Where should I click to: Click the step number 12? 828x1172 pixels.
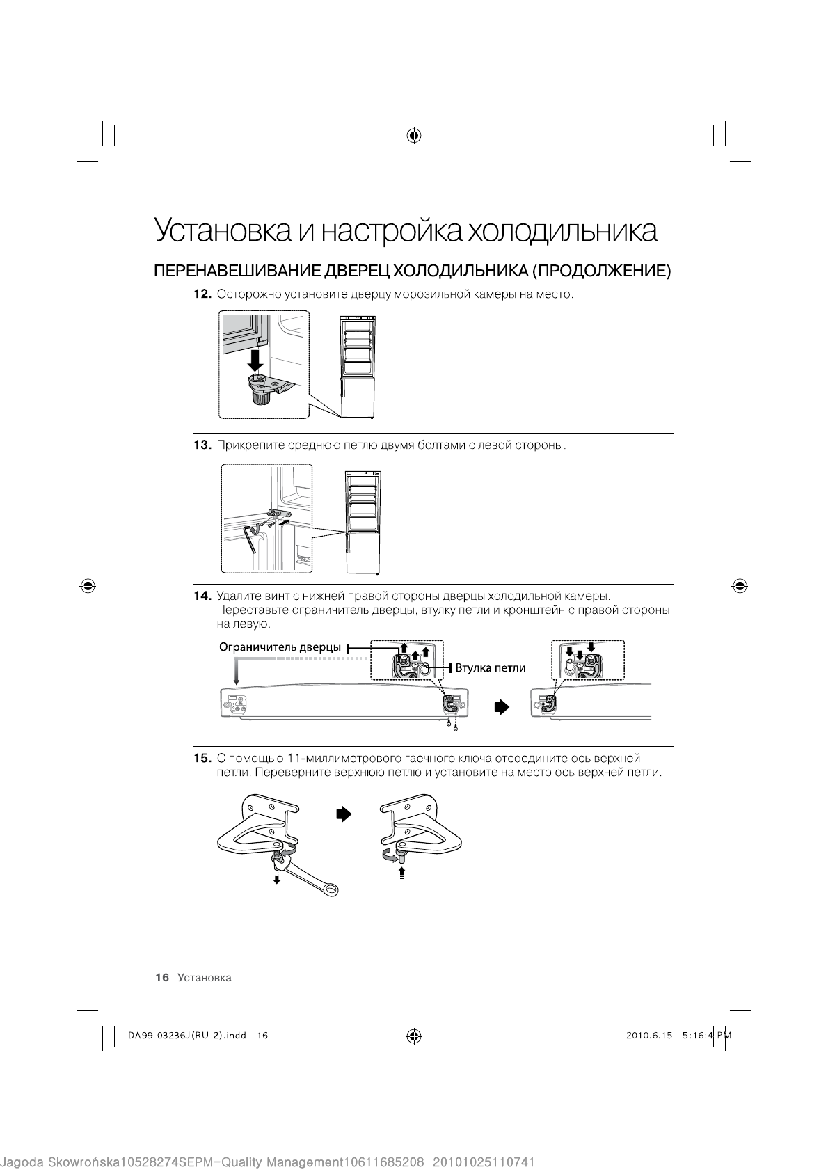pyautogui.click(x=202, y=294)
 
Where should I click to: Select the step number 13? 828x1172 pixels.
pyautogui.click(x=202, y=445)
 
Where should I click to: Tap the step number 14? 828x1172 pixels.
pyautogui.click(x=202, y=596)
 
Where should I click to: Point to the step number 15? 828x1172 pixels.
pyautogui.click(x=202, y=758)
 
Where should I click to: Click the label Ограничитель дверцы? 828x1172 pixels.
pyautogui.click(x=280, y=647)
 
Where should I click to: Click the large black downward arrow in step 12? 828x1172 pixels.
pyautogui.click(x=256, y=359)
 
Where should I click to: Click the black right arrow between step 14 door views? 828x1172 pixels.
pyautogui.click(x=502, y=707)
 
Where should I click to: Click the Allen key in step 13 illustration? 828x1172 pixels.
pyautogui.click(x=251, y=539)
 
